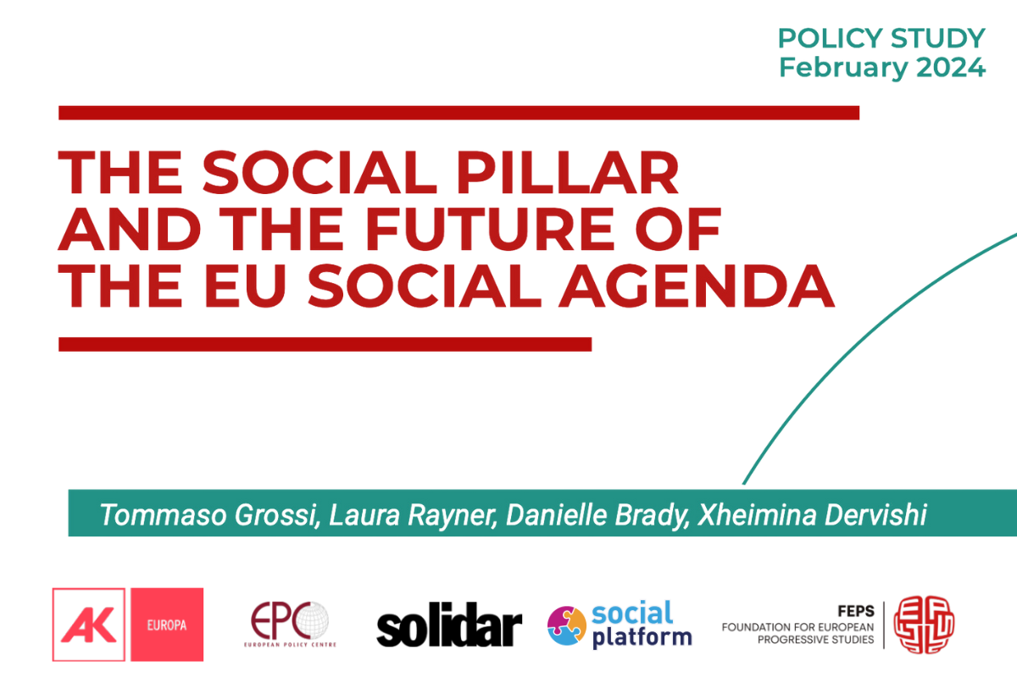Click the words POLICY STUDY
pos(881,38)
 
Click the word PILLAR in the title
pos(567,173)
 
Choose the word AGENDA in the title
pos(697,286)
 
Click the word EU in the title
pos(245,286)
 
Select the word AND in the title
pos(130,229)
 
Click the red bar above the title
pos(459,113)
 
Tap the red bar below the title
pos(325,344)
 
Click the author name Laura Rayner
pos(412,515)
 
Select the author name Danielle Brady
pos(597,515)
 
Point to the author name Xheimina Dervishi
pos(812,514)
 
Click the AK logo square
pos(88,625)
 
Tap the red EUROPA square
pos(167,625)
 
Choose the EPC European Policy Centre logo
pos(290,625)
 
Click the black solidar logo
pos(449,625)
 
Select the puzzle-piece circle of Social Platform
pos(567,625)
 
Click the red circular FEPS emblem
pos(924,625)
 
